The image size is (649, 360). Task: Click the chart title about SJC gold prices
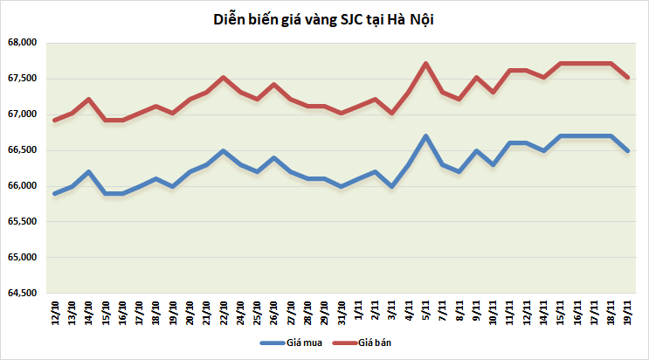point(324,18)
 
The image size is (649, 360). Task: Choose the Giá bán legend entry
point(372,343)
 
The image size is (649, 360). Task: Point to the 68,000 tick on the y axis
point(20,43)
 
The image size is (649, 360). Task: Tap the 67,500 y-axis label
point(20,79)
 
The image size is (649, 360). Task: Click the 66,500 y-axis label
point(20,150)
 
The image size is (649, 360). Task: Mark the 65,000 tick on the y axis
point(20,258)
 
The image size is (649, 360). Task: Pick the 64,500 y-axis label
point(20,294)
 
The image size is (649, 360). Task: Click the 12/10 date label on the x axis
point(55,311)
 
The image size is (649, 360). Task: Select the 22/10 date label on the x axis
point(223,311)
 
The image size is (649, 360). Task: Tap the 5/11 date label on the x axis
point(425,313)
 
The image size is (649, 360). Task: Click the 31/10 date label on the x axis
point(342,311)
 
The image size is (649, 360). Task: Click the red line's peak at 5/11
point(425,63)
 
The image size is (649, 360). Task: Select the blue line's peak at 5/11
point(425,135)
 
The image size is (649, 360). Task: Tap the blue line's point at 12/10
point(54,193)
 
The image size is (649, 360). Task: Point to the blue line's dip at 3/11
point(391,186)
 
